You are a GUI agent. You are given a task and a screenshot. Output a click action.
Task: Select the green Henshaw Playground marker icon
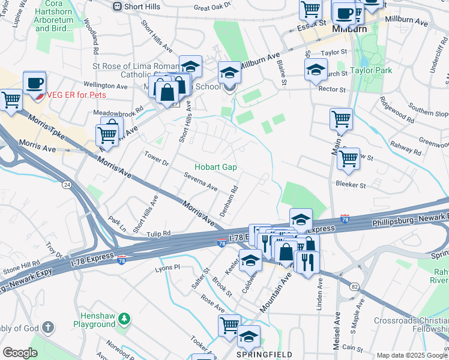(x=124, y=317)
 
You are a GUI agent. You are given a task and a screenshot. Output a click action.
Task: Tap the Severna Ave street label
(x=200, y=187)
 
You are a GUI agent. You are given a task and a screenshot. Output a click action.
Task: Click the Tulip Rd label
(x=159, y=233)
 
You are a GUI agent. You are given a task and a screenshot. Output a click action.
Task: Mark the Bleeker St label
(x=351, y=185)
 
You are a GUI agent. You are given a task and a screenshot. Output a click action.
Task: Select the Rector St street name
(x=334, y=89)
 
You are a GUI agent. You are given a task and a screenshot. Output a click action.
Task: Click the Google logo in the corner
(x=20, y=352)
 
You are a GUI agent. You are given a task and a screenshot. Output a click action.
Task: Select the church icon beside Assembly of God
(x=49, y=328)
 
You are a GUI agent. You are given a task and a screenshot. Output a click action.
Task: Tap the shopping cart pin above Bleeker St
(x=348, y=159)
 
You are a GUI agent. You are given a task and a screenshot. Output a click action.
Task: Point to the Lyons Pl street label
(x=169, y=268)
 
